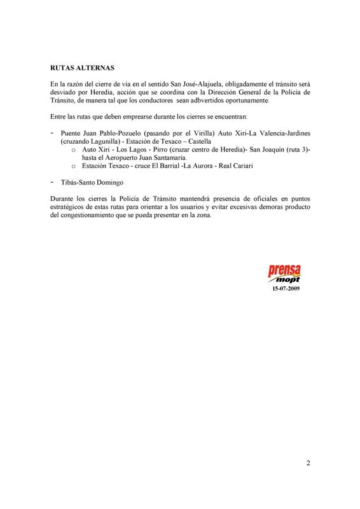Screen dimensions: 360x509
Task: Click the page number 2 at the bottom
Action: [308, 463]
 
